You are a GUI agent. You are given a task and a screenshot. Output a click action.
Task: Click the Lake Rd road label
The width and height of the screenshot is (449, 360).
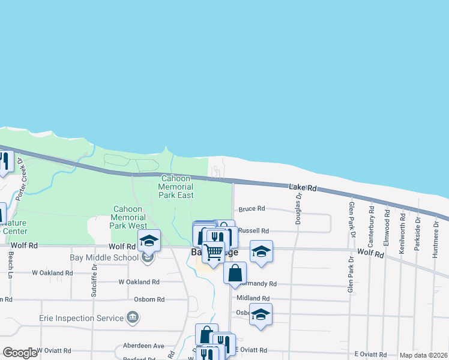click(x=303, y=188)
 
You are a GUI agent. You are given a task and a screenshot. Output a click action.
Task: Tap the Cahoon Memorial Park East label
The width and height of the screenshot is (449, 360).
click(x=177, y=187)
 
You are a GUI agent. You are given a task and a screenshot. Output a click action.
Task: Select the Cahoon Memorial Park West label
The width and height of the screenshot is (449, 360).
click(x=128, y=217)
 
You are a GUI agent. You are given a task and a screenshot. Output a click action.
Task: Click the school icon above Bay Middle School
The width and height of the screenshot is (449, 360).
click(x=149, y=241)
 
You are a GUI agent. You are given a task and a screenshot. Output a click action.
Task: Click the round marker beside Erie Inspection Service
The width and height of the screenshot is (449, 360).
click(x=133, y=317)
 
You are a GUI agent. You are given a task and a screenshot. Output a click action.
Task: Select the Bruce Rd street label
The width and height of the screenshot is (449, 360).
click(x=252, y=209)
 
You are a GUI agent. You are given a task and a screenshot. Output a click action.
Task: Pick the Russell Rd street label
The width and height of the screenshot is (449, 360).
click(x=253, y=230)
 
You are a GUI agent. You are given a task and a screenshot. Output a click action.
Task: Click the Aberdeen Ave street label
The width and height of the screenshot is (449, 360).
click(x=143, y=346)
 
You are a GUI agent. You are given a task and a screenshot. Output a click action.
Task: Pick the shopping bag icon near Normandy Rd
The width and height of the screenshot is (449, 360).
click(x=235, y=272)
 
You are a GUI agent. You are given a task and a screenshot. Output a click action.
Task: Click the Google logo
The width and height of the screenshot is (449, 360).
click(x=20, y=353)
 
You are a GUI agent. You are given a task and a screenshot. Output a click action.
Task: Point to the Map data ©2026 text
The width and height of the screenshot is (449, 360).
click(x=423, y=355)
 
